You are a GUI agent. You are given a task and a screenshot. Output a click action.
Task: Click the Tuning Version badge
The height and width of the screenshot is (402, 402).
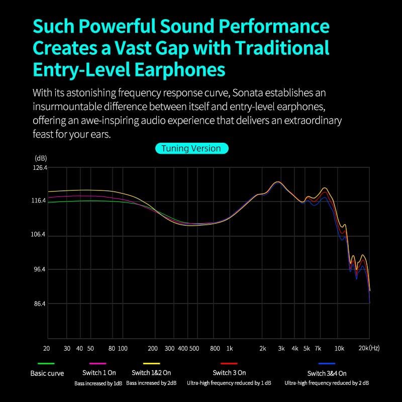(191, 148)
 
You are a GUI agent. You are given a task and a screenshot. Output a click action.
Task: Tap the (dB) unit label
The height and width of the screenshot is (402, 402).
(41, 158)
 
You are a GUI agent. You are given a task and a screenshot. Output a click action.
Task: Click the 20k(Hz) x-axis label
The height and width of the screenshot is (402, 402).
(369, 348)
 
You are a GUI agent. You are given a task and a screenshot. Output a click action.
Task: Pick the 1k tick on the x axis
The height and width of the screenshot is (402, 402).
(229, 348)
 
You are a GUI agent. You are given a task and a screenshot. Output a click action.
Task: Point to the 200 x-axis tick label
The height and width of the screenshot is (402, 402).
(153, 348)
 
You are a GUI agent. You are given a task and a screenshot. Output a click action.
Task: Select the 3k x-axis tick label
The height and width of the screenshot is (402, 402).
(281, 348)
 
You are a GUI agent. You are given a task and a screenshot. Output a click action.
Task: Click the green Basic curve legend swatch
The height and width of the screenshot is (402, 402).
(46, 363)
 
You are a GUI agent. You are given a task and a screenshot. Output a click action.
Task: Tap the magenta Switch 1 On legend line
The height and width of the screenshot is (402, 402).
(97, 363)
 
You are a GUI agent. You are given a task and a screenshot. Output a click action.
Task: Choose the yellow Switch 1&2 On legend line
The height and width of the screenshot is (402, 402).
(151, 363)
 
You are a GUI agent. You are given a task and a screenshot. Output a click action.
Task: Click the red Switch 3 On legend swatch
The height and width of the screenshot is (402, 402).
(229, 363)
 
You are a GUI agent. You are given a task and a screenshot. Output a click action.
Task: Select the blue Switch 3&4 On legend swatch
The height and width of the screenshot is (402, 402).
(327, 363)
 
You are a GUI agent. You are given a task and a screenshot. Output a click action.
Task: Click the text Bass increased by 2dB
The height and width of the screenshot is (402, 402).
(151, 383)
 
